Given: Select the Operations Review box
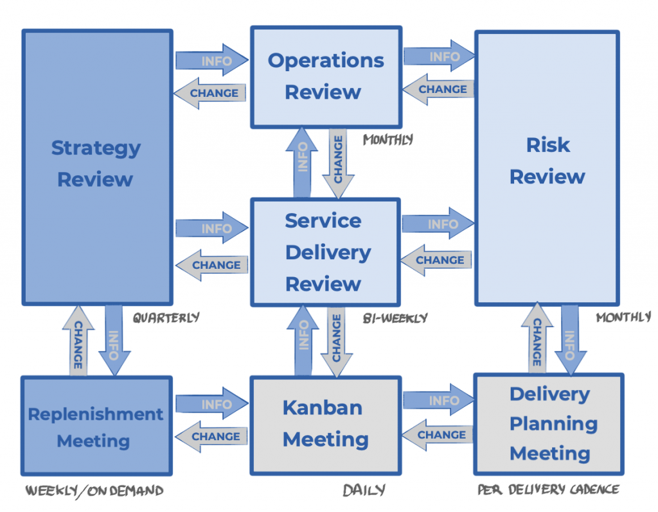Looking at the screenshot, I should pos(326,76).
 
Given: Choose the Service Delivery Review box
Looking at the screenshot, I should pos(324,252).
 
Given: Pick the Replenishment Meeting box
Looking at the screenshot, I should pos(96,427).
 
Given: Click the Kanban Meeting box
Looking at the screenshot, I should pos(325,424).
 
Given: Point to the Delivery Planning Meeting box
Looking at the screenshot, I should pos(549,424).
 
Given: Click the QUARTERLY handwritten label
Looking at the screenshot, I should pos(166,317).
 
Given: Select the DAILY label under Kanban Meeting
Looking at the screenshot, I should pos(364,491).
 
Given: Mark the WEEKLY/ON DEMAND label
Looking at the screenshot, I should pos(94,491).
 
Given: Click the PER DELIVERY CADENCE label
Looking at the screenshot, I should pos(548,490).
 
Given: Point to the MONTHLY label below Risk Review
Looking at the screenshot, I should pos(623,318).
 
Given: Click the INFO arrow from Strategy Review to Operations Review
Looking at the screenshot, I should pos(212,60).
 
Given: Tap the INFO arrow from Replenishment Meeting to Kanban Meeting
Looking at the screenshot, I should pos(212,404).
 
